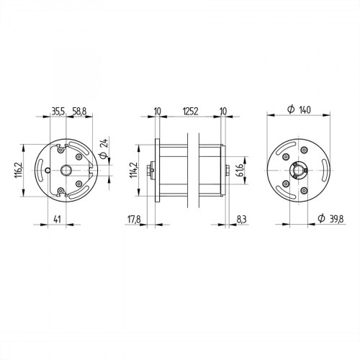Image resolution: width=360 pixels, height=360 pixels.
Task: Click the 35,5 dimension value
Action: (x=58, y=112)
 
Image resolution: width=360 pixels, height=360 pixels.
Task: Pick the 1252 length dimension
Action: (x=190, y=112)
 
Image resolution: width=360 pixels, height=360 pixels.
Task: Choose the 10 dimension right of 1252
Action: (x=222, y=112)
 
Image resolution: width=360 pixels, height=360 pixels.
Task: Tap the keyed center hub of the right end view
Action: (x=298, y=171)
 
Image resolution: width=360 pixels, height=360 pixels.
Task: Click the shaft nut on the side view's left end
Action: (x=149, y=171)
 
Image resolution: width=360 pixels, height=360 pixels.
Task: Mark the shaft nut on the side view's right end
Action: (x=228, y=171)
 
